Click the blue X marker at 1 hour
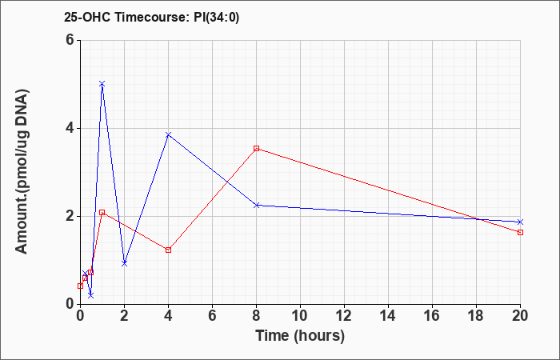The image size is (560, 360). (x=102, y=84)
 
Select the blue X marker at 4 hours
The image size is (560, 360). (x=168, y=134)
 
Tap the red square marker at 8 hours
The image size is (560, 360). (x=257, y=148)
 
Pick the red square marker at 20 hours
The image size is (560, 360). (x=520, y=232)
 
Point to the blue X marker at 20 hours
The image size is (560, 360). (x=520, y=222)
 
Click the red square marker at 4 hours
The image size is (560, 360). (x=168, y=250)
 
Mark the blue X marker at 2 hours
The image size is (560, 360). (x=124, y=263)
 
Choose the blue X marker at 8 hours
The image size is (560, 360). (x=257, y=205)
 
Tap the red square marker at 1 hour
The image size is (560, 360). (x=102, y=212)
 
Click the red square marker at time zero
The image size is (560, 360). (x=80, y=286)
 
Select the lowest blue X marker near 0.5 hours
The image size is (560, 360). (x=91, y=295)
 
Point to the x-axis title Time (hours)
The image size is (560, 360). (x=300, y=336)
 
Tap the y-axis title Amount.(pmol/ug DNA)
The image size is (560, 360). (x=22, y=172)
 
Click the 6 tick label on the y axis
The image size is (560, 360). (x=70, y=40)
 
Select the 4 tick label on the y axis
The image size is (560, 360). (x=70, y=128)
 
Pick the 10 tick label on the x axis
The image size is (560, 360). (x=300, y=316)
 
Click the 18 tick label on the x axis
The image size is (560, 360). (x=476, y=316)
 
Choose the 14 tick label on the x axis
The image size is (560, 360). (x=388, y=316)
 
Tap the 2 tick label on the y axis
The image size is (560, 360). (x=70, y=216)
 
